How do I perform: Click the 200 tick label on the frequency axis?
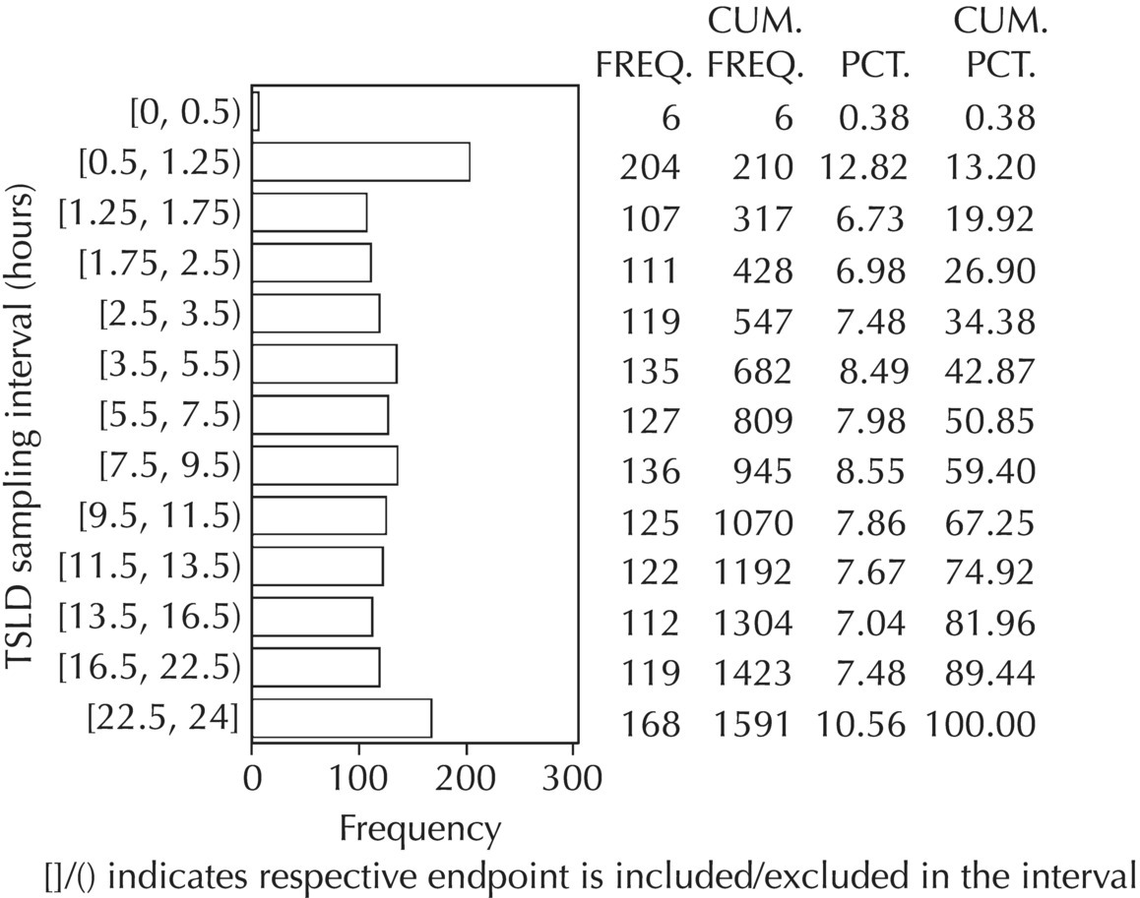[467, 778]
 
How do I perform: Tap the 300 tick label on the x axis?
[572, 778]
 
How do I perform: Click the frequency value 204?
[649, 168]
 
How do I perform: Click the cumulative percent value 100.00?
[981, 725]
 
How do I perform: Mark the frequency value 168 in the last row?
[649, 725]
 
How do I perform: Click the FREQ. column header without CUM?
[645, 67]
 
